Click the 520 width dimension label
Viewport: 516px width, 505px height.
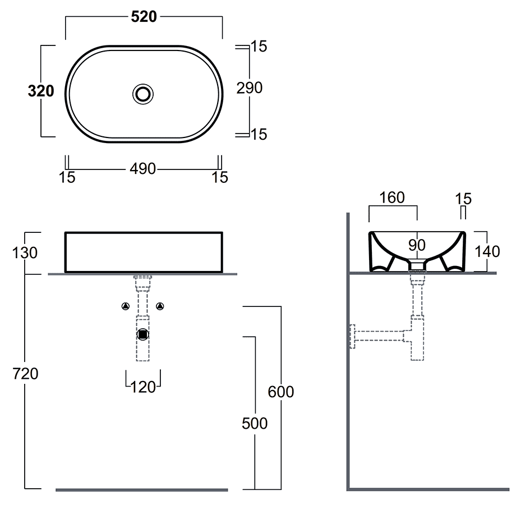[144, 17]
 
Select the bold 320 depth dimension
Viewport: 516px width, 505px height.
[41, 90]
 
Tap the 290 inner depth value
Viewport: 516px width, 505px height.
[249, 88]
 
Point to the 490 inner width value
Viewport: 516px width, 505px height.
[142, 168]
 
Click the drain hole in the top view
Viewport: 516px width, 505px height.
[144, 93]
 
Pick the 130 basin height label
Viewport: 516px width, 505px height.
[25, 252]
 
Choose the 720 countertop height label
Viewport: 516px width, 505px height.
[25, 373]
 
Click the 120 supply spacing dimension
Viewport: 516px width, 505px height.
[143, 386]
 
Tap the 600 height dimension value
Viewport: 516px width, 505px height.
[280, 391]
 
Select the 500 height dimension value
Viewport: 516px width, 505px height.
[255, 423]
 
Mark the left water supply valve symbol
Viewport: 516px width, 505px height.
[126, 306]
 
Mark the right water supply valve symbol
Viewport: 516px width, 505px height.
[161, 306]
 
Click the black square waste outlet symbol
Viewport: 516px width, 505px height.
[144, 334]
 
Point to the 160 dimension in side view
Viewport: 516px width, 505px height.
[392, 198]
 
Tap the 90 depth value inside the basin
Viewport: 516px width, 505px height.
[417, 245]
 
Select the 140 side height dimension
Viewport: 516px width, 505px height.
[486, 251]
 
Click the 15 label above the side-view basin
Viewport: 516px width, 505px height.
[463, 199]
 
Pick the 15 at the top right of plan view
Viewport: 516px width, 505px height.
[259, 47]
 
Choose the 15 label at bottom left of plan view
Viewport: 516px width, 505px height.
[67, 178]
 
